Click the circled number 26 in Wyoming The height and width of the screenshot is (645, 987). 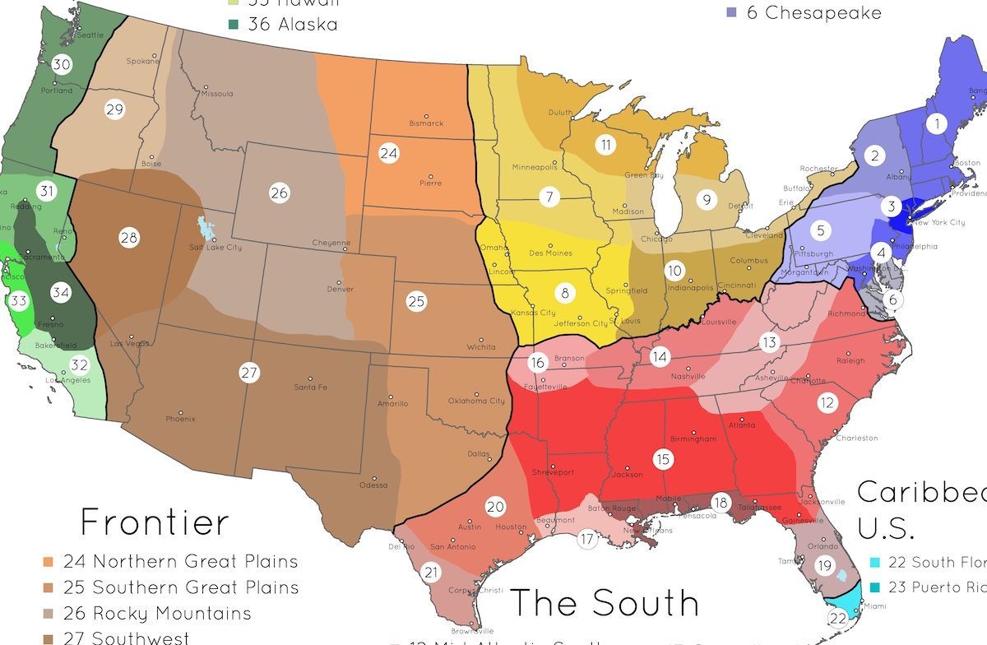point(280,193)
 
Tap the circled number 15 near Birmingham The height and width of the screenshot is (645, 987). point(663,459)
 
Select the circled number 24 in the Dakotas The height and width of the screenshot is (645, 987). point(388,153)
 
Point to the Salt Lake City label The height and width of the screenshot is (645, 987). point(215,247)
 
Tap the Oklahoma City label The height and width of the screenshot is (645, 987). point(476,401)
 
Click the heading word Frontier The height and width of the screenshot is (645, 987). point(155,523)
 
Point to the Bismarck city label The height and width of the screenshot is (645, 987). point(426,123)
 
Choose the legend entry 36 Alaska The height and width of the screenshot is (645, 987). point(292,25)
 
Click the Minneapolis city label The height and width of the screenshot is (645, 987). point(535,167)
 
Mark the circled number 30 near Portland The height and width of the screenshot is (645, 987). point(62,65)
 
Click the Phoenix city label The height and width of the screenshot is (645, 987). point(180,419)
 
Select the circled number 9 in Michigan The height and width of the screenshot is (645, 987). point(705,199)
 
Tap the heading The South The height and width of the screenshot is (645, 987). point(605,602)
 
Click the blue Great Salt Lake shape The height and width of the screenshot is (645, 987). point(202,227)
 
